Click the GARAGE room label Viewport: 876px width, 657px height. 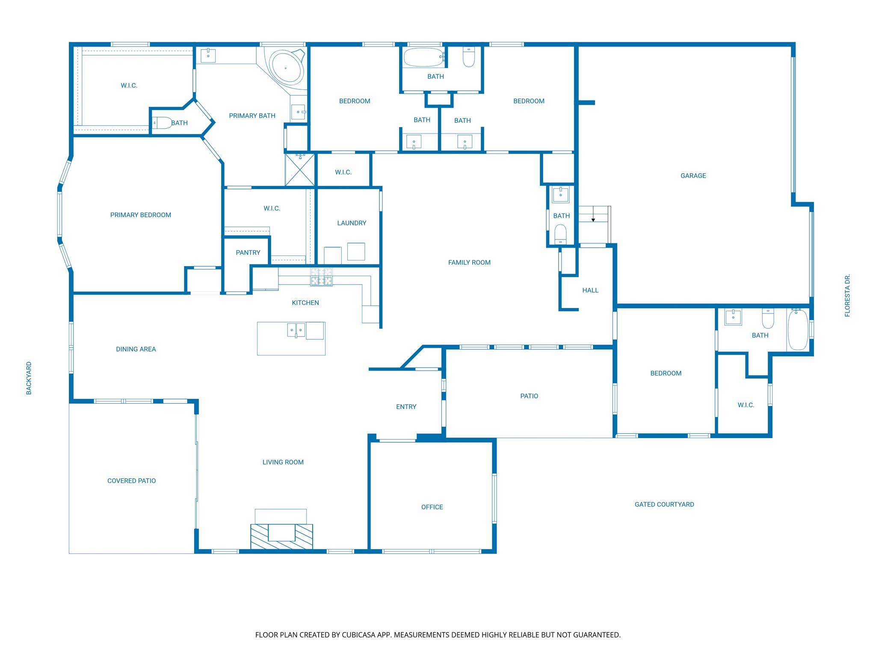click(693, 175)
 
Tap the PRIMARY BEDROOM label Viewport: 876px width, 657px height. click(141, 215)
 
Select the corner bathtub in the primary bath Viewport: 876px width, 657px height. click(285, 67)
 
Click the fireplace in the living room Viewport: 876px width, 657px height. click(281, 536)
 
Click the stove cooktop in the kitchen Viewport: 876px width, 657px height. click(321, 277)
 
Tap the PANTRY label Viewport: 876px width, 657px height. click(248, 252)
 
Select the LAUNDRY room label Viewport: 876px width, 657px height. click(352, 223)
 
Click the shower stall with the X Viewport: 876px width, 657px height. click(300, 170)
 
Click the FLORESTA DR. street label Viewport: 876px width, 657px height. click(847, 296)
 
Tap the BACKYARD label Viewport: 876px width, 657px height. click(29, 378)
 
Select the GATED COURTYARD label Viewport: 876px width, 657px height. click(664, 504)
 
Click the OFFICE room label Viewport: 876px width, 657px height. click(432, 507)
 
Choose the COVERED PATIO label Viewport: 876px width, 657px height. click(132, 481)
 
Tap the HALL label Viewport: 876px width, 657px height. click(590, 290)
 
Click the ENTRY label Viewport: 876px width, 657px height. click(406, 407)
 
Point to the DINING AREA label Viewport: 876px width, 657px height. click(136, 349)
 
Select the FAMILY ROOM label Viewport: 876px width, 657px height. click(469, 262)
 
